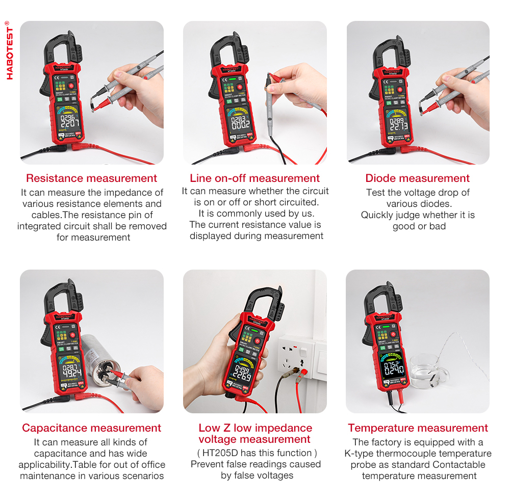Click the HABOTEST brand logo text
tap(9, 50)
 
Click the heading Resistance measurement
tap(91, 178)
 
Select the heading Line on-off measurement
tap(254, 178)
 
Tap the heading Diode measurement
tap(417, 178)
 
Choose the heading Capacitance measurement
tap(91, 428)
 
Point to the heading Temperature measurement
tap(418, 428)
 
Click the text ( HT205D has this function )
tap(257, 453)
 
